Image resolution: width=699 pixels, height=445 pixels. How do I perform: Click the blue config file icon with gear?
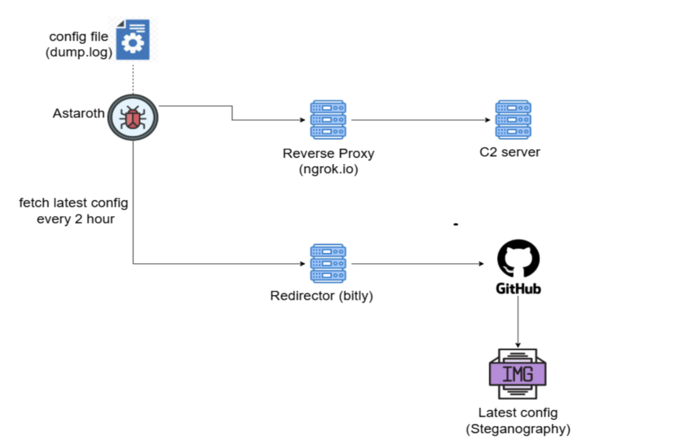click(133, 40)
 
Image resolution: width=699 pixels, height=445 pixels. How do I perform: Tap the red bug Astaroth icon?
click(133, 118)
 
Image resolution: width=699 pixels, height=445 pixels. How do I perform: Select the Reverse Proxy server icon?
click(328, 120)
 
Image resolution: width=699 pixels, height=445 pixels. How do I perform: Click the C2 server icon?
click(513, 120)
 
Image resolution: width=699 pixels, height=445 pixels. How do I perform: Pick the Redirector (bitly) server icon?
click(328, 263)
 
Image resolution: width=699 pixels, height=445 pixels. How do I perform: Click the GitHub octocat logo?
click(518, 258)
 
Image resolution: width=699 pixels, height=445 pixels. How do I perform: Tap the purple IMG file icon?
click(518, 374)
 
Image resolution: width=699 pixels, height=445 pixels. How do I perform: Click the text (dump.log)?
click(79, 52)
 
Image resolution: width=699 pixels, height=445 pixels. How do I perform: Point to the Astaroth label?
click(78, 113)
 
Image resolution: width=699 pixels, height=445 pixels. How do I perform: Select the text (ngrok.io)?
click(329, 169)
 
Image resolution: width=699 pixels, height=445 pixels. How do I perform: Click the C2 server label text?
click(510, 152)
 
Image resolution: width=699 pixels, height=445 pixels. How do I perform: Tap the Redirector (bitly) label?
click(321, 296)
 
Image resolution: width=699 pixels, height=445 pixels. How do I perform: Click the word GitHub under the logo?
click(518, 289)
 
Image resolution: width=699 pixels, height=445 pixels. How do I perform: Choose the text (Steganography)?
click(518, 429)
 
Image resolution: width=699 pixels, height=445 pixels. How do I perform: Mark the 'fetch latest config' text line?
click(73, 203)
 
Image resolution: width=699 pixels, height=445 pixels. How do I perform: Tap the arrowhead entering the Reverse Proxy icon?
click(303, 120)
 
